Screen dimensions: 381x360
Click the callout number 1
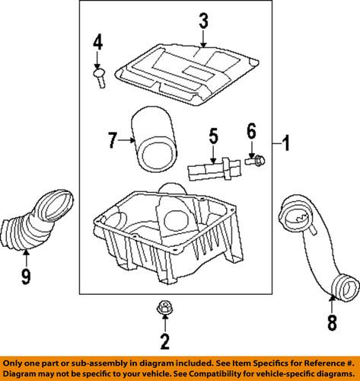[x=287, y=142]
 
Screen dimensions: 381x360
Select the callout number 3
[x=203, y=21]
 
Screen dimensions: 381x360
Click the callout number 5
[x=213, y=137]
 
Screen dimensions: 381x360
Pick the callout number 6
[x=251, y=132]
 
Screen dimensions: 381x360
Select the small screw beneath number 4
[x=100, y=78]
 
